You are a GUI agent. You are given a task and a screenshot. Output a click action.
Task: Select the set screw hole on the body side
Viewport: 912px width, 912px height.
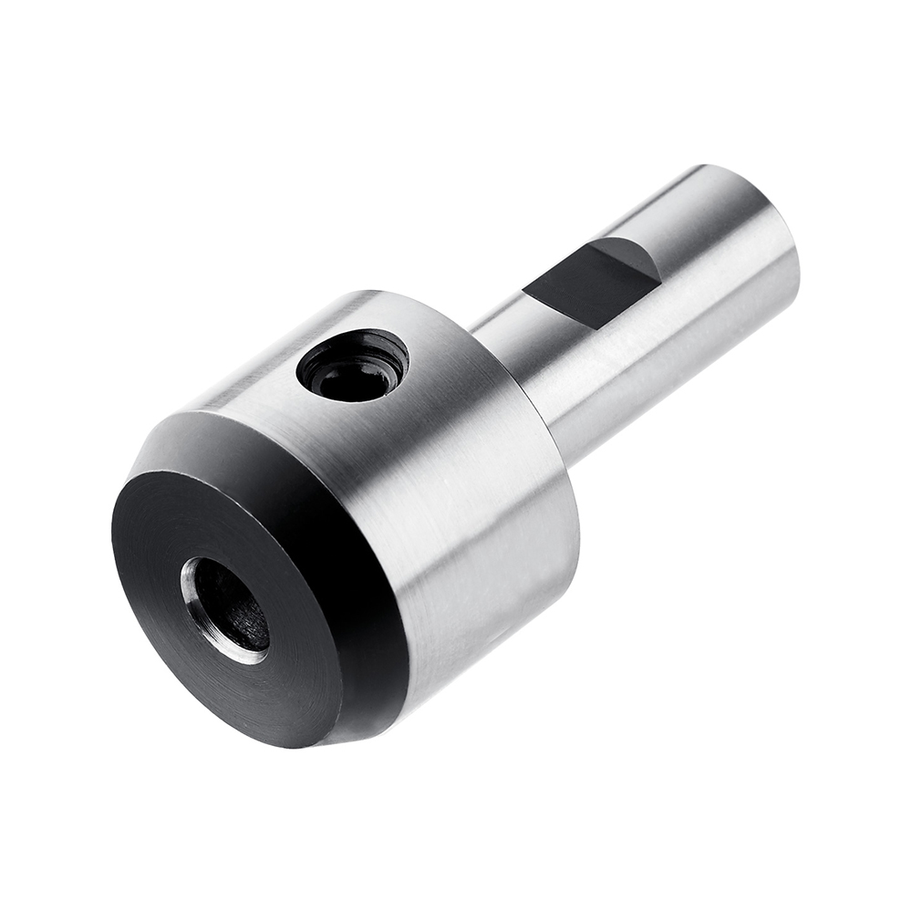(x=353, y=365)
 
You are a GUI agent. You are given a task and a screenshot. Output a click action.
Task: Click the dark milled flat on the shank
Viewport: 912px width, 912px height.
(x=584, y=283)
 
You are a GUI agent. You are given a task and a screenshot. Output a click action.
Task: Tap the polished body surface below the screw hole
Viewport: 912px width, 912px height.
(x=429, y=474)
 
